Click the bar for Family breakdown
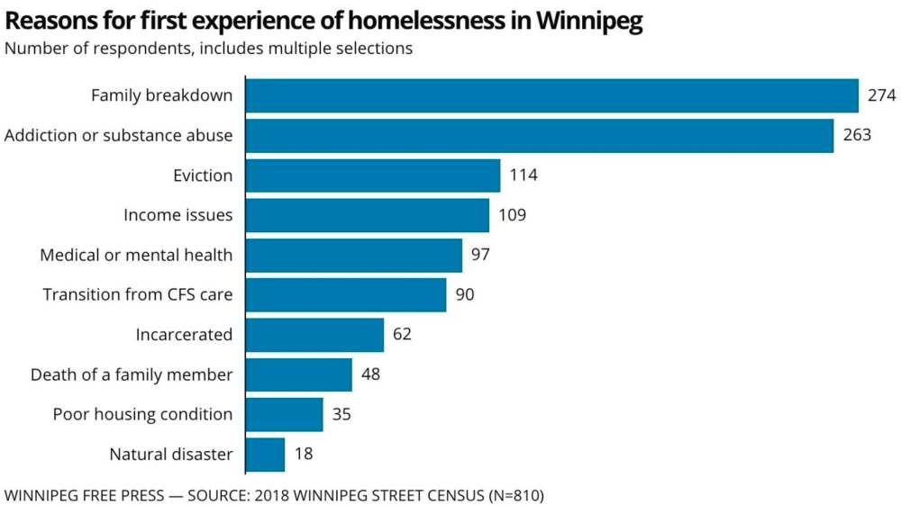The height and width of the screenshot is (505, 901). click(551, 95)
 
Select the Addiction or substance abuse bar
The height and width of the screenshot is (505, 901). click(539, 135)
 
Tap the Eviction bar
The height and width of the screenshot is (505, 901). click(372, 175)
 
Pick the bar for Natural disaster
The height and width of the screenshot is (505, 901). click(265, 455)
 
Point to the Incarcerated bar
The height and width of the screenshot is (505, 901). click(314, 335)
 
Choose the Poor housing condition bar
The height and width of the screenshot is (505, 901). click(284, 415)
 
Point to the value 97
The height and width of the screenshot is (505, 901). click(480, 255)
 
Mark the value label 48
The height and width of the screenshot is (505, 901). click(370, 374)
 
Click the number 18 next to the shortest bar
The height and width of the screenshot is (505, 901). click(304, 455)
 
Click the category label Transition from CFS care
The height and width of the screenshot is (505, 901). click(138, 295)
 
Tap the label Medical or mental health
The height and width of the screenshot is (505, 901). click(136, 255)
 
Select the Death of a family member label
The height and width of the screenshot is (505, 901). click(132, 374)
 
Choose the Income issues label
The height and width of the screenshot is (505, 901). click(177, 215)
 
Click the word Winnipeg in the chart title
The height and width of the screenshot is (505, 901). click(588, 22)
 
